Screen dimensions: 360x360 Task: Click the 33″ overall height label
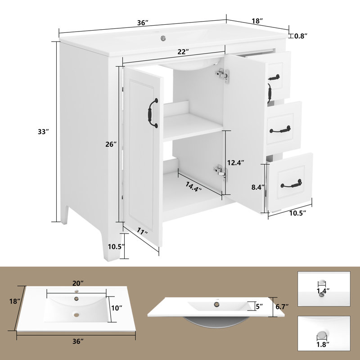click(x=43, y=132)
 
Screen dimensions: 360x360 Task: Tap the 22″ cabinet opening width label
click(x=182, y=52)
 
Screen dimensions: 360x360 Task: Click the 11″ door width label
click(x=143, y=233)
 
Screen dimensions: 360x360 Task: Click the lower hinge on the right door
click(x=219, y=171)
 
